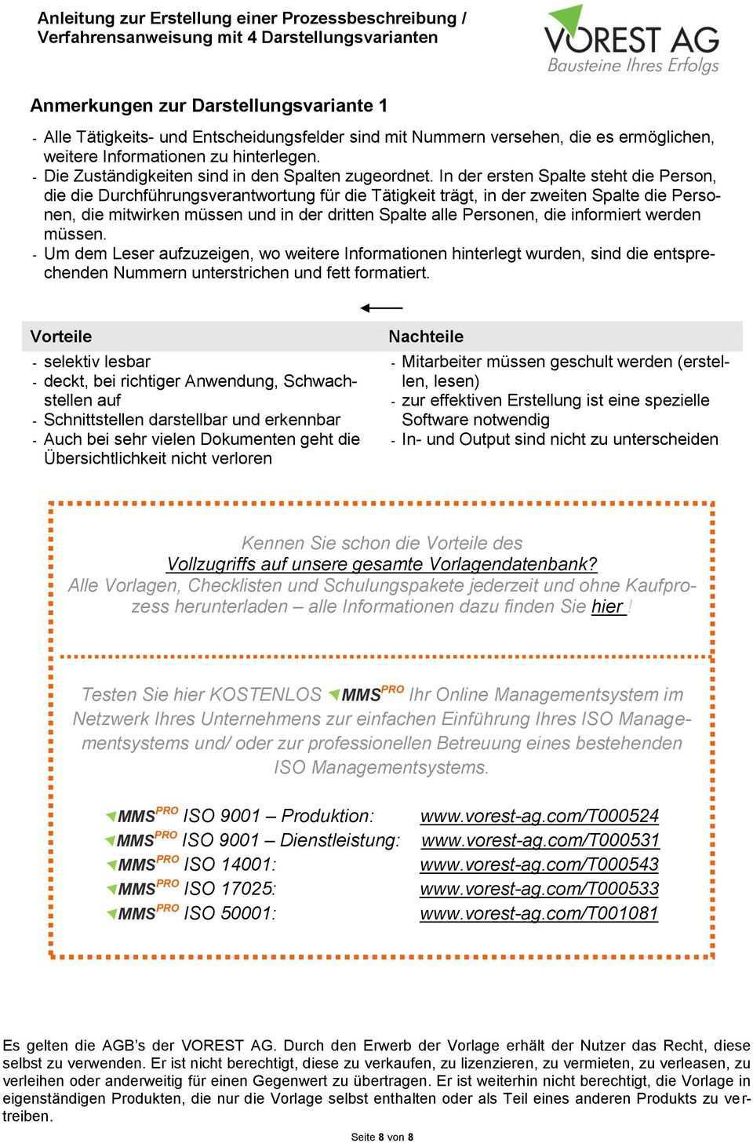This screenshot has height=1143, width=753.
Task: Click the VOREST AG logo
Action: [x=631, y=39]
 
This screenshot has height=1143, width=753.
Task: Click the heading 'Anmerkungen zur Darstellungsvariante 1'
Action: [x=208, y=105]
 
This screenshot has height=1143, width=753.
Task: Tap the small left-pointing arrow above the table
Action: [x=381, y=308]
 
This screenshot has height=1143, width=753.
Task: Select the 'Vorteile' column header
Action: [x=60, y=337]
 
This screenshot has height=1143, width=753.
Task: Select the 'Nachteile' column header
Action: [x=426, y=337]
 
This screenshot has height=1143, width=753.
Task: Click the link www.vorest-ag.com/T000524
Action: [x=539, y=816]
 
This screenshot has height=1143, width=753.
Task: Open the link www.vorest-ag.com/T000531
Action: [x=540, y=840]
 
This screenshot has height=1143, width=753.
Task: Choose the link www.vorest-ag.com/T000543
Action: [x=539, y=865]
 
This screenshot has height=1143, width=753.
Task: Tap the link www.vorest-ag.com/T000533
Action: [x=539, y=889]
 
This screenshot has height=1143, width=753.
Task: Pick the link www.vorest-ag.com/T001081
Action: [x=539, y=913]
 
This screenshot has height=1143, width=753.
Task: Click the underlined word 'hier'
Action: [x=608, y=606]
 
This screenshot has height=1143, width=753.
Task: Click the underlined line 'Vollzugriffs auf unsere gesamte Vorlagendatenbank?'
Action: [x=382, y=564]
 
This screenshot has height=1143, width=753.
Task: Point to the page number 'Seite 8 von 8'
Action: [x=382, y=1137]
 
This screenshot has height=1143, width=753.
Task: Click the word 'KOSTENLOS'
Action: [x=266, y=695]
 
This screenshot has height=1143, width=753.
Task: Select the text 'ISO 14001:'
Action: [x=229, y=865]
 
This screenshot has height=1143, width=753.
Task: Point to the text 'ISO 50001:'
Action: [x=229, y=913]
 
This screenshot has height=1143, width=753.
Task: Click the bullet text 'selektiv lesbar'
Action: [x=97, y=362]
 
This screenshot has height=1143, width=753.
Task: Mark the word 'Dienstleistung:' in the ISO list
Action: [x=340, y=840]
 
